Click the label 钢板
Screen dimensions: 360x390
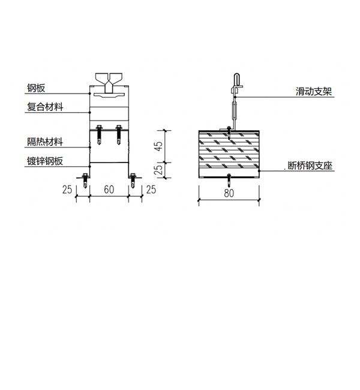36,88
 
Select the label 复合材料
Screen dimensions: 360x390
45,107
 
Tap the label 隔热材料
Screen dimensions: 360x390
45,142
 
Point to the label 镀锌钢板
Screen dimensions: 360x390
45,161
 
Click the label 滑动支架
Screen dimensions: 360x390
314,91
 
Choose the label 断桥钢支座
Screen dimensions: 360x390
310,166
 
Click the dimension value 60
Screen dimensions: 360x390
109,190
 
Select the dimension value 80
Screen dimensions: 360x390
229,193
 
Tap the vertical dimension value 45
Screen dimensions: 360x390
158,146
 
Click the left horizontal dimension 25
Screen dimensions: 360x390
67,190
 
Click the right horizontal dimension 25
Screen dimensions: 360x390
151,190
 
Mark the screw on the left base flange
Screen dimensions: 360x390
85,180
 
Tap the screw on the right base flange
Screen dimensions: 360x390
133,180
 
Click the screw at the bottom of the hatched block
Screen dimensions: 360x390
229,180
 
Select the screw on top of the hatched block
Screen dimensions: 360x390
229,133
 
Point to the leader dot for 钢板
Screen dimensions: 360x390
89,94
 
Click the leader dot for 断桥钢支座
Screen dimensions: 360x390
259,171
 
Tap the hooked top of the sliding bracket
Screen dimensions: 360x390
236,79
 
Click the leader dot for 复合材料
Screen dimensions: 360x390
89,112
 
